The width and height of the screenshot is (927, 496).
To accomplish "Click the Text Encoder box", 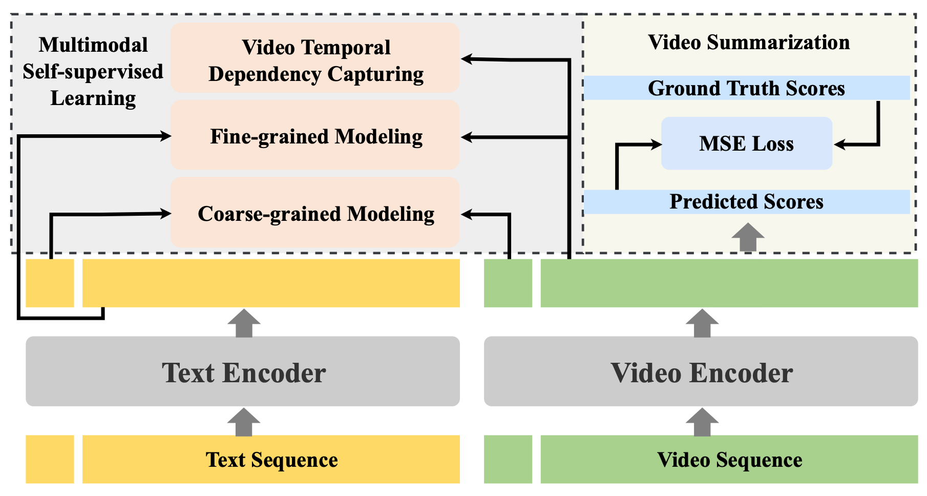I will (x=243, y=371).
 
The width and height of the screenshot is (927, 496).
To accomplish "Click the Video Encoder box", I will (x=701, y=371).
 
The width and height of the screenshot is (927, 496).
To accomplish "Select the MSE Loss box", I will (x=746, y=143).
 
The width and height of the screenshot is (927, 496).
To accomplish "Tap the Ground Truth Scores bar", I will (x=746, y=88).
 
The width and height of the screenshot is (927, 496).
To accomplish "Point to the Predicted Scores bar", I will (x=746, y=202).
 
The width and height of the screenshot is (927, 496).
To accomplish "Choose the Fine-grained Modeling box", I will (x=315, y=136).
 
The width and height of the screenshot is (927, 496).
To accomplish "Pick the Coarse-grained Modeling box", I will (x=315, y=213).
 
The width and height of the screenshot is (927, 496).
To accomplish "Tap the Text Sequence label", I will (x=271, y=460).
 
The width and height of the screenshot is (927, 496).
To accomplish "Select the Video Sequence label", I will (x=729, y=460).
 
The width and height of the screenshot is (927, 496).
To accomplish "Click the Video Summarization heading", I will (x=749, y=42).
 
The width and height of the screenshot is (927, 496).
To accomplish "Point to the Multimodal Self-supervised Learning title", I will (x=93, y=71).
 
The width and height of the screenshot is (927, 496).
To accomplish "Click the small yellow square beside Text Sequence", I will (x=50, y=459).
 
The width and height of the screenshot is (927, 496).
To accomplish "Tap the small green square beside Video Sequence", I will (x=508, y=459).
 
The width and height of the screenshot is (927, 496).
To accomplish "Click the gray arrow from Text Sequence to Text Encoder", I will (x=244, y=422).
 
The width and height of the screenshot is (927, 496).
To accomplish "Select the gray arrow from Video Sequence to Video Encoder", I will (x=702, y=422).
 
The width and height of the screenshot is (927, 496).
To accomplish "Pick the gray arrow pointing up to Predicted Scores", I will (x=748, y=237).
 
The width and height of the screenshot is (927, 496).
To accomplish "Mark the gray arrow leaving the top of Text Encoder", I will (x=244, y=323).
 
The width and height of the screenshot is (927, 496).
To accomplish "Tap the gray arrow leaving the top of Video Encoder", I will (x=702, y=323).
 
